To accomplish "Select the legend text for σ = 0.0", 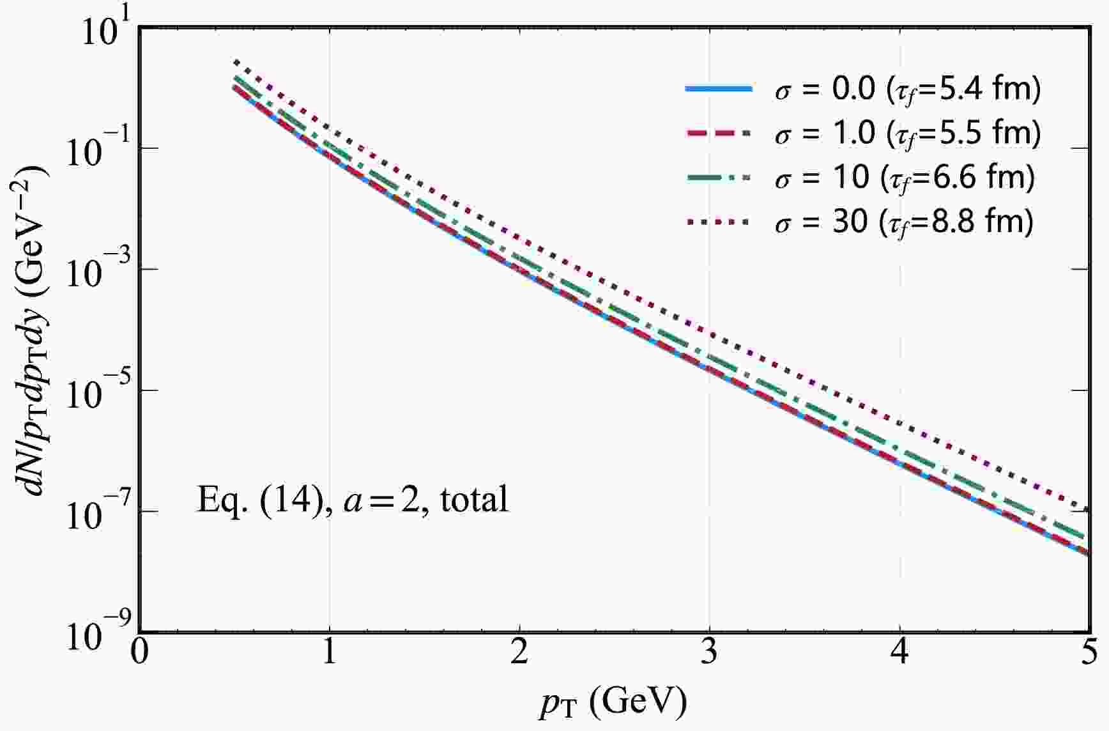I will click(x=907, y=89).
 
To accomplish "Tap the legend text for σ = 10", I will click(x=904, y=178).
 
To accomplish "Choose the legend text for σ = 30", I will click(x=904, y=222).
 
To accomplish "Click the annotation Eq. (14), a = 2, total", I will click(x=353, y=500).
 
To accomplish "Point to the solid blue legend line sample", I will click(x=719, y=89).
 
